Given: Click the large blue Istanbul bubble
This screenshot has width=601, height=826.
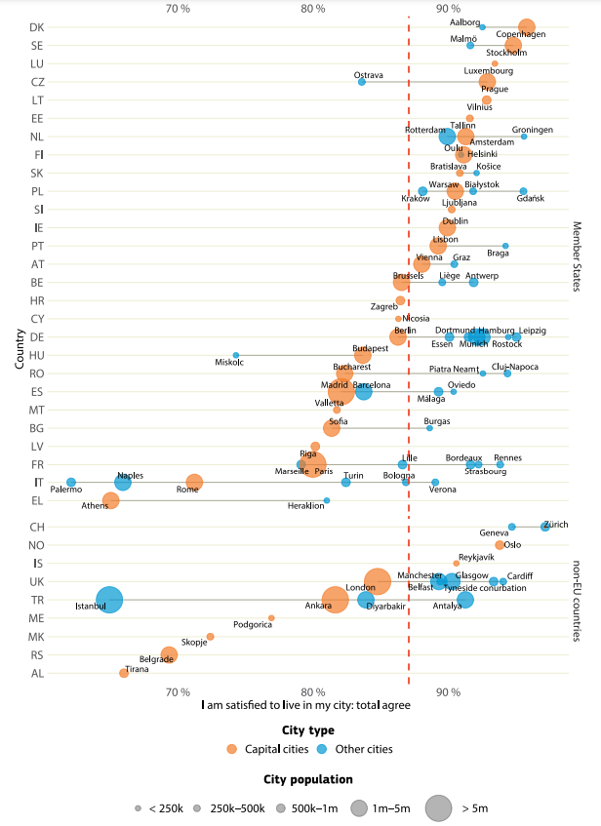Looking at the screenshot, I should point(110,600).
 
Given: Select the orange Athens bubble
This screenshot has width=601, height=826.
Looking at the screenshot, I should point(110,500).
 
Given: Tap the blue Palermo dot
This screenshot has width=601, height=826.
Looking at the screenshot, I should point(71,483).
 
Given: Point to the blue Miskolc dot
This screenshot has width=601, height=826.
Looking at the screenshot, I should point(236,356).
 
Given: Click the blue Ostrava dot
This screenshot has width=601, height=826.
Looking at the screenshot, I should point(362,82).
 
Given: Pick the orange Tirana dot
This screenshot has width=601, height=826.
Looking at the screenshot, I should point(124,673).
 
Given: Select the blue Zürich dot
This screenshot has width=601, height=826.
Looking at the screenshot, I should point(545,527).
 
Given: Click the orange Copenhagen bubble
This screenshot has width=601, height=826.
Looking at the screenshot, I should point(527,27).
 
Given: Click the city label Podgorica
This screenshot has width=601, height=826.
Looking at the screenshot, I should point(253,624).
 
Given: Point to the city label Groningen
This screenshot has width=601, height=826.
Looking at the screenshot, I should point(532,129).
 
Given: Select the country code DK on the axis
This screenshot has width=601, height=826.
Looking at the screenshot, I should point(36,27).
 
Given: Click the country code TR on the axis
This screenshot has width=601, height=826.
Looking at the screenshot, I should point(36,600).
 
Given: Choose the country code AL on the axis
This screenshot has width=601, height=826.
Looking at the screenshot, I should point(36,673).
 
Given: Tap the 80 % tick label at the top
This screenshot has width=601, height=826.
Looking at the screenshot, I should point(313,9).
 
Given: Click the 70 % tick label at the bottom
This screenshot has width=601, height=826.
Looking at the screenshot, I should point(178,691).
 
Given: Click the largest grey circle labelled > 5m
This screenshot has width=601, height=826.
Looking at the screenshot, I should point(438,807).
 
